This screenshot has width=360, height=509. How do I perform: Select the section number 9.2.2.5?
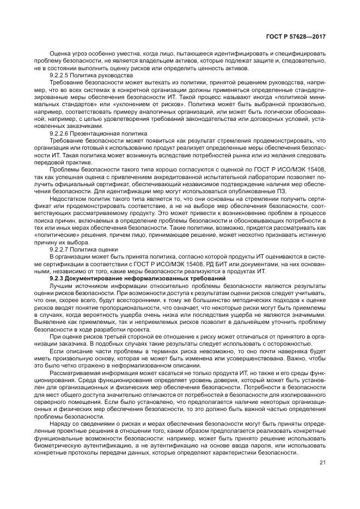point(60,75)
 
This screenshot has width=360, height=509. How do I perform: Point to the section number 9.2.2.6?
point(60,132)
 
